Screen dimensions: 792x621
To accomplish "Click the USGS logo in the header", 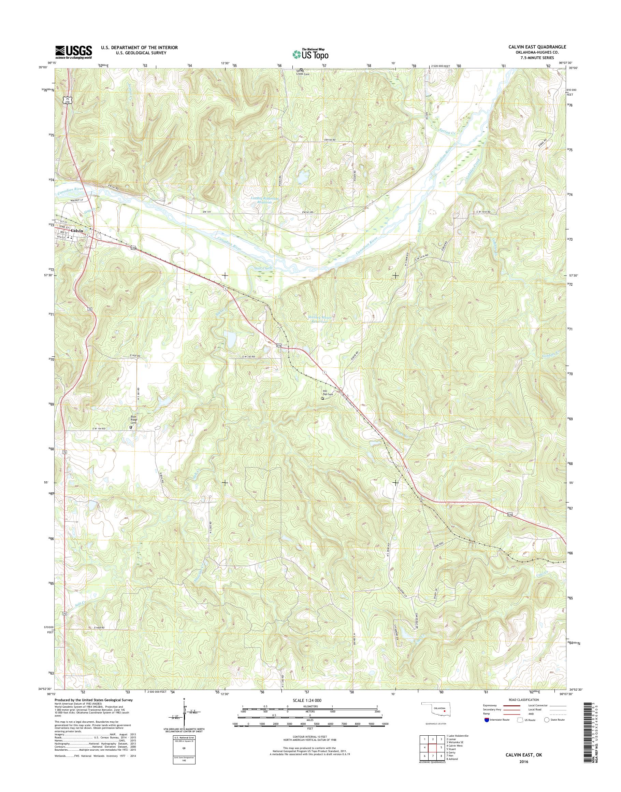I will click(x=73, y=52).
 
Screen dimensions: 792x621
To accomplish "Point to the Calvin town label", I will click(x=77, y=231).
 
